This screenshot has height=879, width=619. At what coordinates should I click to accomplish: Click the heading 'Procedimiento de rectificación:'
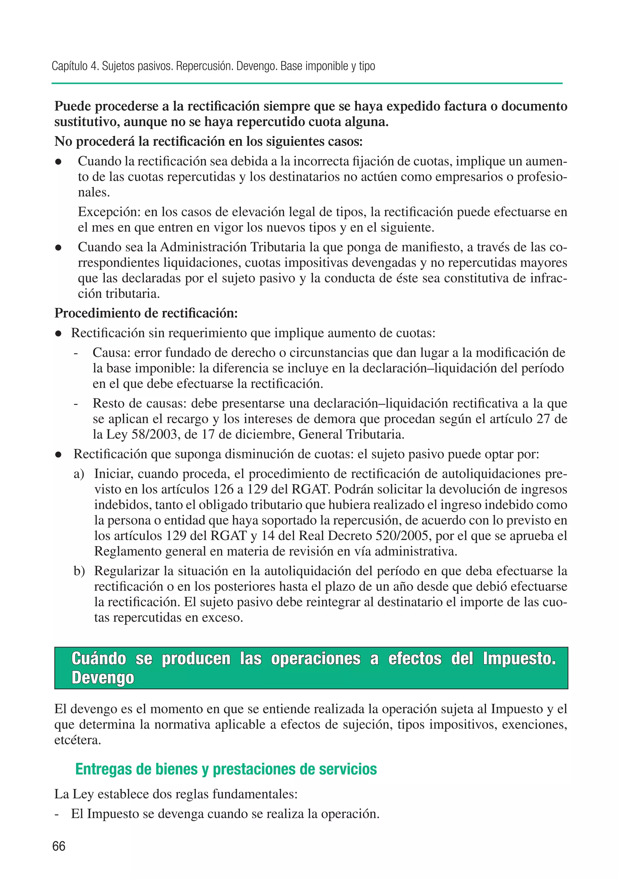click(x=146, y=313)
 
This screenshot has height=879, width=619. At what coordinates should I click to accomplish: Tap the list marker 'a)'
click(x=79, y=474)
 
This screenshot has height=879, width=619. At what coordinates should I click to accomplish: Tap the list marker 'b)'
click(x=79, y=571)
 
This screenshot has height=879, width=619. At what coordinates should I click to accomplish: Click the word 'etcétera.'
click(x=78, y=740)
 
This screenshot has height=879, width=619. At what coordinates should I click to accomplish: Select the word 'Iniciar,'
click(x=114, y=474)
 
